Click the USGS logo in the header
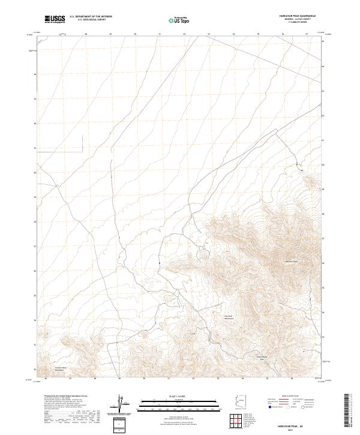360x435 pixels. (55, 19)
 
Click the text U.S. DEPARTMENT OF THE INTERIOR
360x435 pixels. (91, 17)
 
